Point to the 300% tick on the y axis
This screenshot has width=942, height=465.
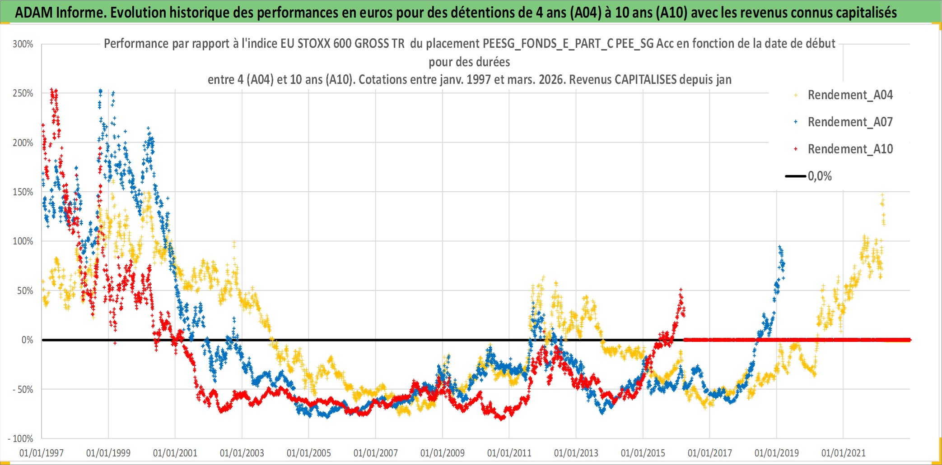(x=23, y=44)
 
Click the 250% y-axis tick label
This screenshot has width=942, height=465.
(x=23, y=93)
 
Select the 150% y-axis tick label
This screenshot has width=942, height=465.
(x=23, y=192)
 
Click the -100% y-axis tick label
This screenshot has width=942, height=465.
(x=21, y=439)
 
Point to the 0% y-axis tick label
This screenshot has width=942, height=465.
(x=27, y=340)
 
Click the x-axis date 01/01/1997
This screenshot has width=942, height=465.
(x=42, y=453)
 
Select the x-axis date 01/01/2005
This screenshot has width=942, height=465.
(x=309, y=453)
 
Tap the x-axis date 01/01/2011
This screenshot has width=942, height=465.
(x=509, y=453)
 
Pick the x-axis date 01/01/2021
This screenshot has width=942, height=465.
(x=844, y=453)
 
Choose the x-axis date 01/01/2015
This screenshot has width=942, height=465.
(x=643, y=453)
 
